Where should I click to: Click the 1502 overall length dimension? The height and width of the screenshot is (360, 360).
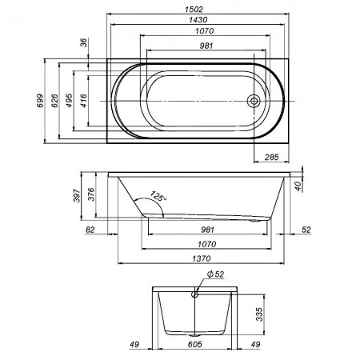tap(194, 10)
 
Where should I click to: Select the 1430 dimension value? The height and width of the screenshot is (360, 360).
tap(198, 20)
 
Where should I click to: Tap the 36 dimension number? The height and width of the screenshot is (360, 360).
tap(84, 42)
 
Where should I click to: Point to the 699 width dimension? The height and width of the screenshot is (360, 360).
tap(40, 101)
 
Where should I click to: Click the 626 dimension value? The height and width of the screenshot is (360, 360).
tap(54, 101)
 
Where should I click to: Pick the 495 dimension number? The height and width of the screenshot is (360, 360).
tap(69, 101)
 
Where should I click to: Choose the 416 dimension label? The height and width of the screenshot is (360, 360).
tap(84, 101)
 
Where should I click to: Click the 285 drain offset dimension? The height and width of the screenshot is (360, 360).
tap(271, 157)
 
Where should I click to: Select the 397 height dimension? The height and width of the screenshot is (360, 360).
tap(77, 195)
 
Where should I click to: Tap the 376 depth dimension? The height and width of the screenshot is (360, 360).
tap(91, 194)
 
